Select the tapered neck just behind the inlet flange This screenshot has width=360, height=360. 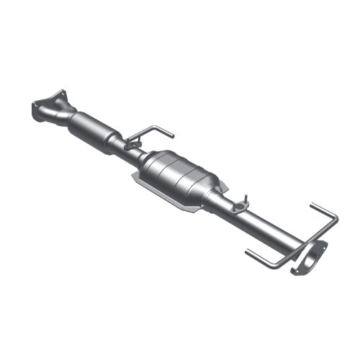68,115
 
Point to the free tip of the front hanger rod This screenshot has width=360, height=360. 172,134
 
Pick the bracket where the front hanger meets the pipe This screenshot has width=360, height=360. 132,145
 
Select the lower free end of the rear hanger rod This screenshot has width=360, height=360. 247,252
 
